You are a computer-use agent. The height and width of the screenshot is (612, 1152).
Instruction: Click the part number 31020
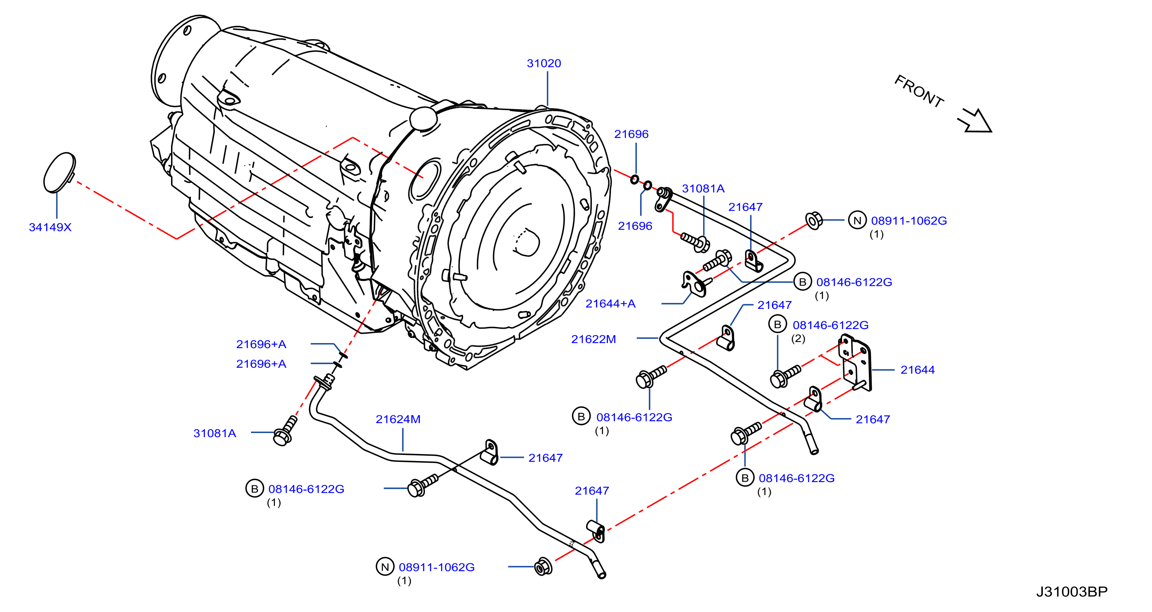[x=544, y=64]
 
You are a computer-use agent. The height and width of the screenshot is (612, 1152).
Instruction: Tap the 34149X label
[x=50, y=227]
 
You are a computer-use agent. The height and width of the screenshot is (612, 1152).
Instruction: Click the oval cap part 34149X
[x=59, y=173]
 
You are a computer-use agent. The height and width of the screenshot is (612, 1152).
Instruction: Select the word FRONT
[x=919, y=91]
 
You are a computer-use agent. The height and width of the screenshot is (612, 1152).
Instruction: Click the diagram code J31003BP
[x=1072, y=592]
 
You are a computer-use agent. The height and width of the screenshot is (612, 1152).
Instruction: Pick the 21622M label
[x=594, y=339]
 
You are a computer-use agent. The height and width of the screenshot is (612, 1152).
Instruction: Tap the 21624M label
[x=398, y=420]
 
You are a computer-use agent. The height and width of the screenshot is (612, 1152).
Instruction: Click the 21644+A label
[x=610, y=304]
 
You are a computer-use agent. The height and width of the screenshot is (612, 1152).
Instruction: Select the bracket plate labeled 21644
[x=856, y=362]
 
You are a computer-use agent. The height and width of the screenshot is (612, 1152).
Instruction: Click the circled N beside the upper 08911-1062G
[x=857, y=221]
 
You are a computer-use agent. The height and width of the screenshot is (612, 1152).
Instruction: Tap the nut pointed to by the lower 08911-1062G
[x=543, y=567]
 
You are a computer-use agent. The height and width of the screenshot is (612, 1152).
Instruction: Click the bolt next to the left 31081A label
[x=285, y=431]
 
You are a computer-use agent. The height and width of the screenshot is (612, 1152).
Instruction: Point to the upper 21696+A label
[x=261, y=344]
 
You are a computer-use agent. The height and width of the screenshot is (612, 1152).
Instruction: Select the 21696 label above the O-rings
[x=631, y=134]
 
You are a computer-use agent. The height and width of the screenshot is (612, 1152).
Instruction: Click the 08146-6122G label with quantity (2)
[x=831, y=325]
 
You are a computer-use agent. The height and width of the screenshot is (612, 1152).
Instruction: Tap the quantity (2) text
[x=798, y=339]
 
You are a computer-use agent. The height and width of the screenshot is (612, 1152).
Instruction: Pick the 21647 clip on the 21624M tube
[x=491, y=453]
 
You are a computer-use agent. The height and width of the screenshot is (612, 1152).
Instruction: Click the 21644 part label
[x=917, y=370]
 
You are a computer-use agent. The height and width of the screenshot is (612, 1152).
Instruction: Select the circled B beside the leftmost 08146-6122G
[x=254, y=489]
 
